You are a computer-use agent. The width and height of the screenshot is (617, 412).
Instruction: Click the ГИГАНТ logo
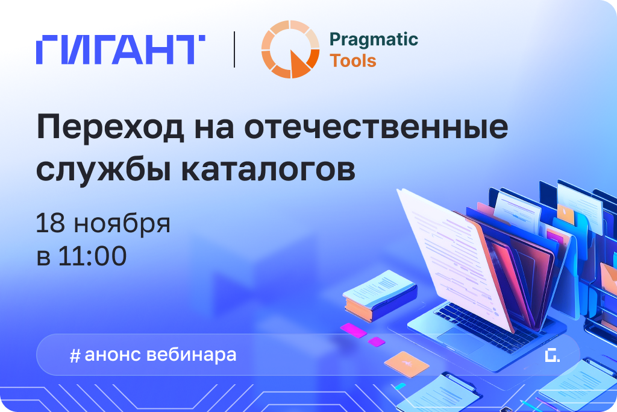point(121,50)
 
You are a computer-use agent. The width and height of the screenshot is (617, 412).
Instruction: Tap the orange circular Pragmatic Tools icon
point(290,49)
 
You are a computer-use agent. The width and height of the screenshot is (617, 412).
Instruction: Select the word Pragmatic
point(374,40)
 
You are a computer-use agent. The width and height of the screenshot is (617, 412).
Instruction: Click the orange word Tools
point(353,61)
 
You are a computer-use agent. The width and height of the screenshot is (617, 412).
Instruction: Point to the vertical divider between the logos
point(234,50)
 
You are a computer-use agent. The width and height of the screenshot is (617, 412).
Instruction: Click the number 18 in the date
point(51,223)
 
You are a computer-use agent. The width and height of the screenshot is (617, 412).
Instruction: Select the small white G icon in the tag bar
point(551,355)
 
